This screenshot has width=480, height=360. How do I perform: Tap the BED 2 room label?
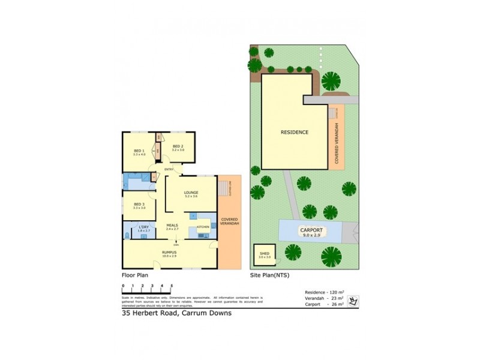pyautogui.click(x=178, y=146)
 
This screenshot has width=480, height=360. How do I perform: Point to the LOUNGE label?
pyautogui.click(x=191, y=193)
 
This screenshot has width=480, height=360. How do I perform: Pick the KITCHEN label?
pyautogui.click(x=203, y=227)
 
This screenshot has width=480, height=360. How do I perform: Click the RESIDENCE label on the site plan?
pyautogui.click(x=294, y=131)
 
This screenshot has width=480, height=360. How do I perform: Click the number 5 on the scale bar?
pyautogui.click(x=172, y=286)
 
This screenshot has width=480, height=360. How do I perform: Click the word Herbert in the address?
pyautogui.click(x=148, y=313)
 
